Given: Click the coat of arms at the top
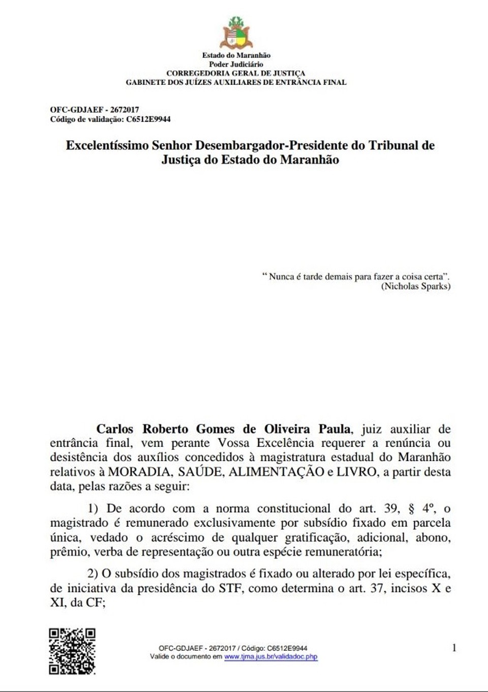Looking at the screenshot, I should (236, 33).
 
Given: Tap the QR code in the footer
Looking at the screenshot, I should (72, 651).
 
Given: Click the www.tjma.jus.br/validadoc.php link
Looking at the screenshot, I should (271, 657).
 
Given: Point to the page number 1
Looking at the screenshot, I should (454, 648).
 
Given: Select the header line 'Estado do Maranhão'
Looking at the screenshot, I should (236, 55).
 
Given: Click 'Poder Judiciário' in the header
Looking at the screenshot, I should (236, 65).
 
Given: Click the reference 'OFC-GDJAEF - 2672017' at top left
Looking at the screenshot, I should (95, 110).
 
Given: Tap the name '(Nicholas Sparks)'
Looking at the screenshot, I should (416, 286).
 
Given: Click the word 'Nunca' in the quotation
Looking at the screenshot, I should (281, 277).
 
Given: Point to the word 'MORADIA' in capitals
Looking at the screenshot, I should (139, 472).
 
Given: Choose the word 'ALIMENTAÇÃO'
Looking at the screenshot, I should (276, 472).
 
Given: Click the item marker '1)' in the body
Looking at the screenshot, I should (93, 508).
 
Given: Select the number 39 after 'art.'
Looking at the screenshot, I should (391, 508).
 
